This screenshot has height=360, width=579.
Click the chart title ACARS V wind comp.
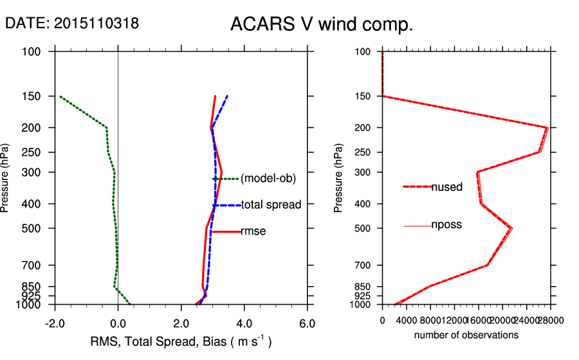321,25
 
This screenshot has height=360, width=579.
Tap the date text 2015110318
96,24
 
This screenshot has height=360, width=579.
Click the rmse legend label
253,231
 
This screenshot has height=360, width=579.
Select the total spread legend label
271,205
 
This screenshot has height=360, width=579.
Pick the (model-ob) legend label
268,179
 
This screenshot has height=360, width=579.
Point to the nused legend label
446,187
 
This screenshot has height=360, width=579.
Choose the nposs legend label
446,225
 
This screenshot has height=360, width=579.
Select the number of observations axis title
466,335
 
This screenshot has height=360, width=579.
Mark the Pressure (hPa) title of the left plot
6,177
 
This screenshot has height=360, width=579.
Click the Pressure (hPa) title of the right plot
339,177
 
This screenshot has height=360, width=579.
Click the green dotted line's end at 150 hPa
60,96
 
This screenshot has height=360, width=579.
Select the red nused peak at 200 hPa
547,128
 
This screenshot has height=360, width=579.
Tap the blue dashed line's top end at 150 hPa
227,96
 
